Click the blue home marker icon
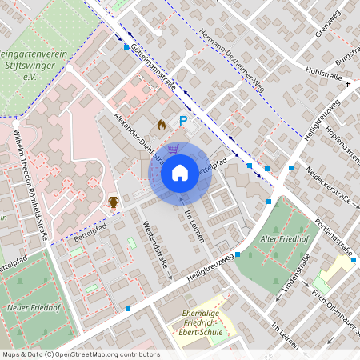(180, 173)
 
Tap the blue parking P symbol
(183, 122)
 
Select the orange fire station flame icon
(162, 125)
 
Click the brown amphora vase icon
(114, 202)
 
